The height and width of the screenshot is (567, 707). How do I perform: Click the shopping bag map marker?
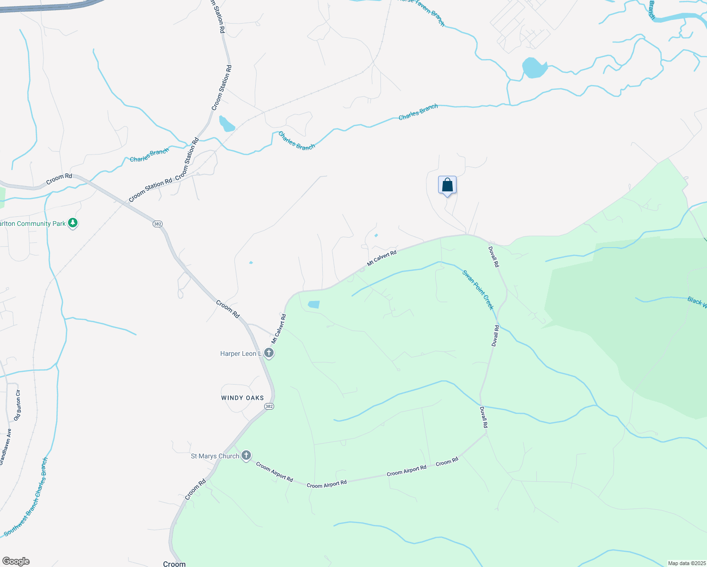pyautogui.click(x=447, y=185)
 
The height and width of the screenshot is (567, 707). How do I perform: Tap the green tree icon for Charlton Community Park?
pyautogui.click(x=73, y=223)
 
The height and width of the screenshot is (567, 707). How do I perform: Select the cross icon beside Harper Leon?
pyautogui.click(x=268, y=353)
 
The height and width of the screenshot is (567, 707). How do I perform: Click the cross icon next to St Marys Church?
pyautogui.click(x=246, y=455)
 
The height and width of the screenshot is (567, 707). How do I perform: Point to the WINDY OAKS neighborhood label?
pyautogui.click(x=242, y=398)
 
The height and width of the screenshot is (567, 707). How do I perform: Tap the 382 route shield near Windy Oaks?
pyautogui.click(x=269, y=406)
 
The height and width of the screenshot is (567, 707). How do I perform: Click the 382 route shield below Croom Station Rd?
pyautogui.click(x=158, y=223)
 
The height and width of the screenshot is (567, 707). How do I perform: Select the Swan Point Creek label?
pyautogui.click(x=478, y=290)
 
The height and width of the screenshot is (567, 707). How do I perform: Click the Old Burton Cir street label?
pyautogui.click(x=17, y=405)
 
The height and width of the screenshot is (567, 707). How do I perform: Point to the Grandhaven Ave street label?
pyautogui.click(x=5, y=447)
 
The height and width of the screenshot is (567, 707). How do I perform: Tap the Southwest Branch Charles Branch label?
pyautogui.click(x=26, y=496)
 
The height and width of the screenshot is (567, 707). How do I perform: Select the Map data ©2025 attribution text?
pyautogui.click(x=686, y=563)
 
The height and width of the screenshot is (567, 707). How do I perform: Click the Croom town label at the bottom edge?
pyautogui.click(x=174, y=564)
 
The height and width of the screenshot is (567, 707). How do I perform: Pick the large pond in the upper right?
pyautogui.click(x=534, y=68)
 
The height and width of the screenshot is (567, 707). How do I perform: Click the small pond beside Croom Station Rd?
pyautogui.click(x=226, y=124)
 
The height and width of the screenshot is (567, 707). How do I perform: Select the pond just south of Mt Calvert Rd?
pyautogui.click(x=314, y=305)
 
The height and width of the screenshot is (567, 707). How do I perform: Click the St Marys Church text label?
pyautogui.click(x=215, y=456)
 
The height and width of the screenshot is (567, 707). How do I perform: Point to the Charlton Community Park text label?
pyautogui.click(x=33, y=223)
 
